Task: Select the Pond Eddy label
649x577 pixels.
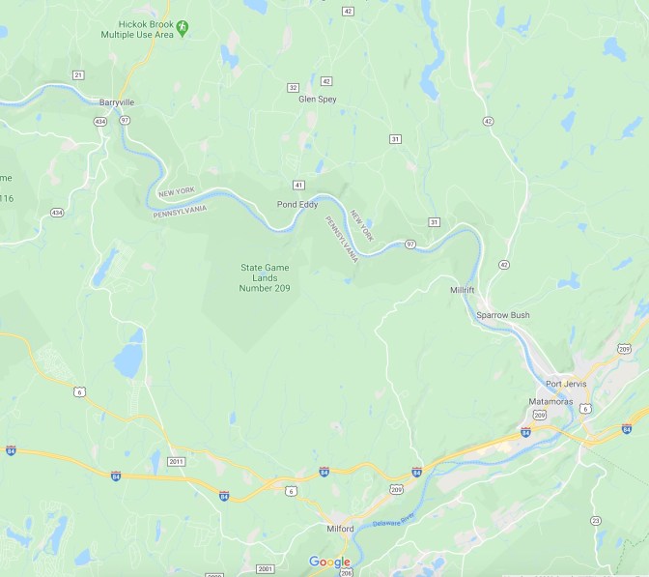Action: tap(296, 205)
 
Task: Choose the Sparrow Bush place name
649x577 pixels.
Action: tap(503, 315)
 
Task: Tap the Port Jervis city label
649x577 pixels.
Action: tap(566, 384)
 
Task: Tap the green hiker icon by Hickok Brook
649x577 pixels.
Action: tap(182, 28)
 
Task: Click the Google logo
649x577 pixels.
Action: tap(329, 563)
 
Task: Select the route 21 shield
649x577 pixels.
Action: tap(78, 74)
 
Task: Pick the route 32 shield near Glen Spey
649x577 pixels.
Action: tap(293, 87)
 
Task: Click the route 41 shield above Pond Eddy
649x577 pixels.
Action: tap(299, 184)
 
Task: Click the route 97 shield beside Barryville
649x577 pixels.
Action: tap(126, 119)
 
